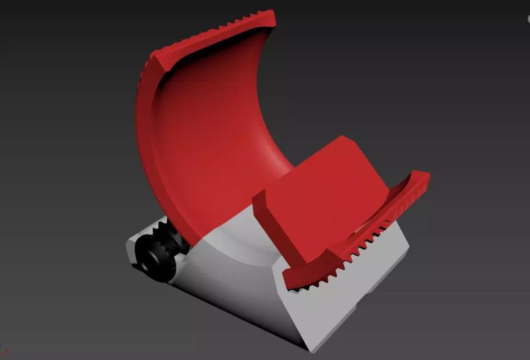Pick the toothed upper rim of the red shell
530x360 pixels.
pyautogui.click(x=219, y=30)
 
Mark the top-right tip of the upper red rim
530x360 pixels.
pyautogui.click(x=271, y=13)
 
